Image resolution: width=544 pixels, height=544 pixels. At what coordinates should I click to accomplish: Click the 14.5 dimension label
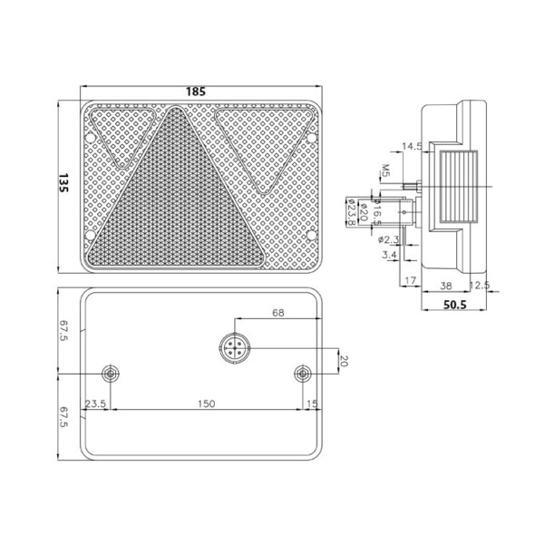(413, 146)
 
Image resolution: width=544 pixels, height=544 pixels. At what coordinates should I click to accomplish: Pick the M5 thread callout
(385, 170)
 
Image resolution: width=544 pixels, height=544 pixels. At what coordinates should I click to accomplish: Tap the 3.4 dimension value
(389, 257)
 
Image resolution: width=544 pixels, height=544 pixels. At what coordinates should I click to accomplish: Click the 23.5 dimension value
(96, 404)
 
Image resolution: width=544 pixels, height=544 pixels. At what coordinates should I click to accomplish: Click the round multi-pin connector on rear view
(233, 348)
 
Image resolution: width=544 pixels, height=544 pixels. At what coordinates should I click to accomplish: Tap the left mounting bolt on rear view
(110, 374)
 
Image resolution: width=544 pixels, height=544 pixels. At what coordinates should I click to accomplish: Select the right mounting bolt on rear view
(302, 374)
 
